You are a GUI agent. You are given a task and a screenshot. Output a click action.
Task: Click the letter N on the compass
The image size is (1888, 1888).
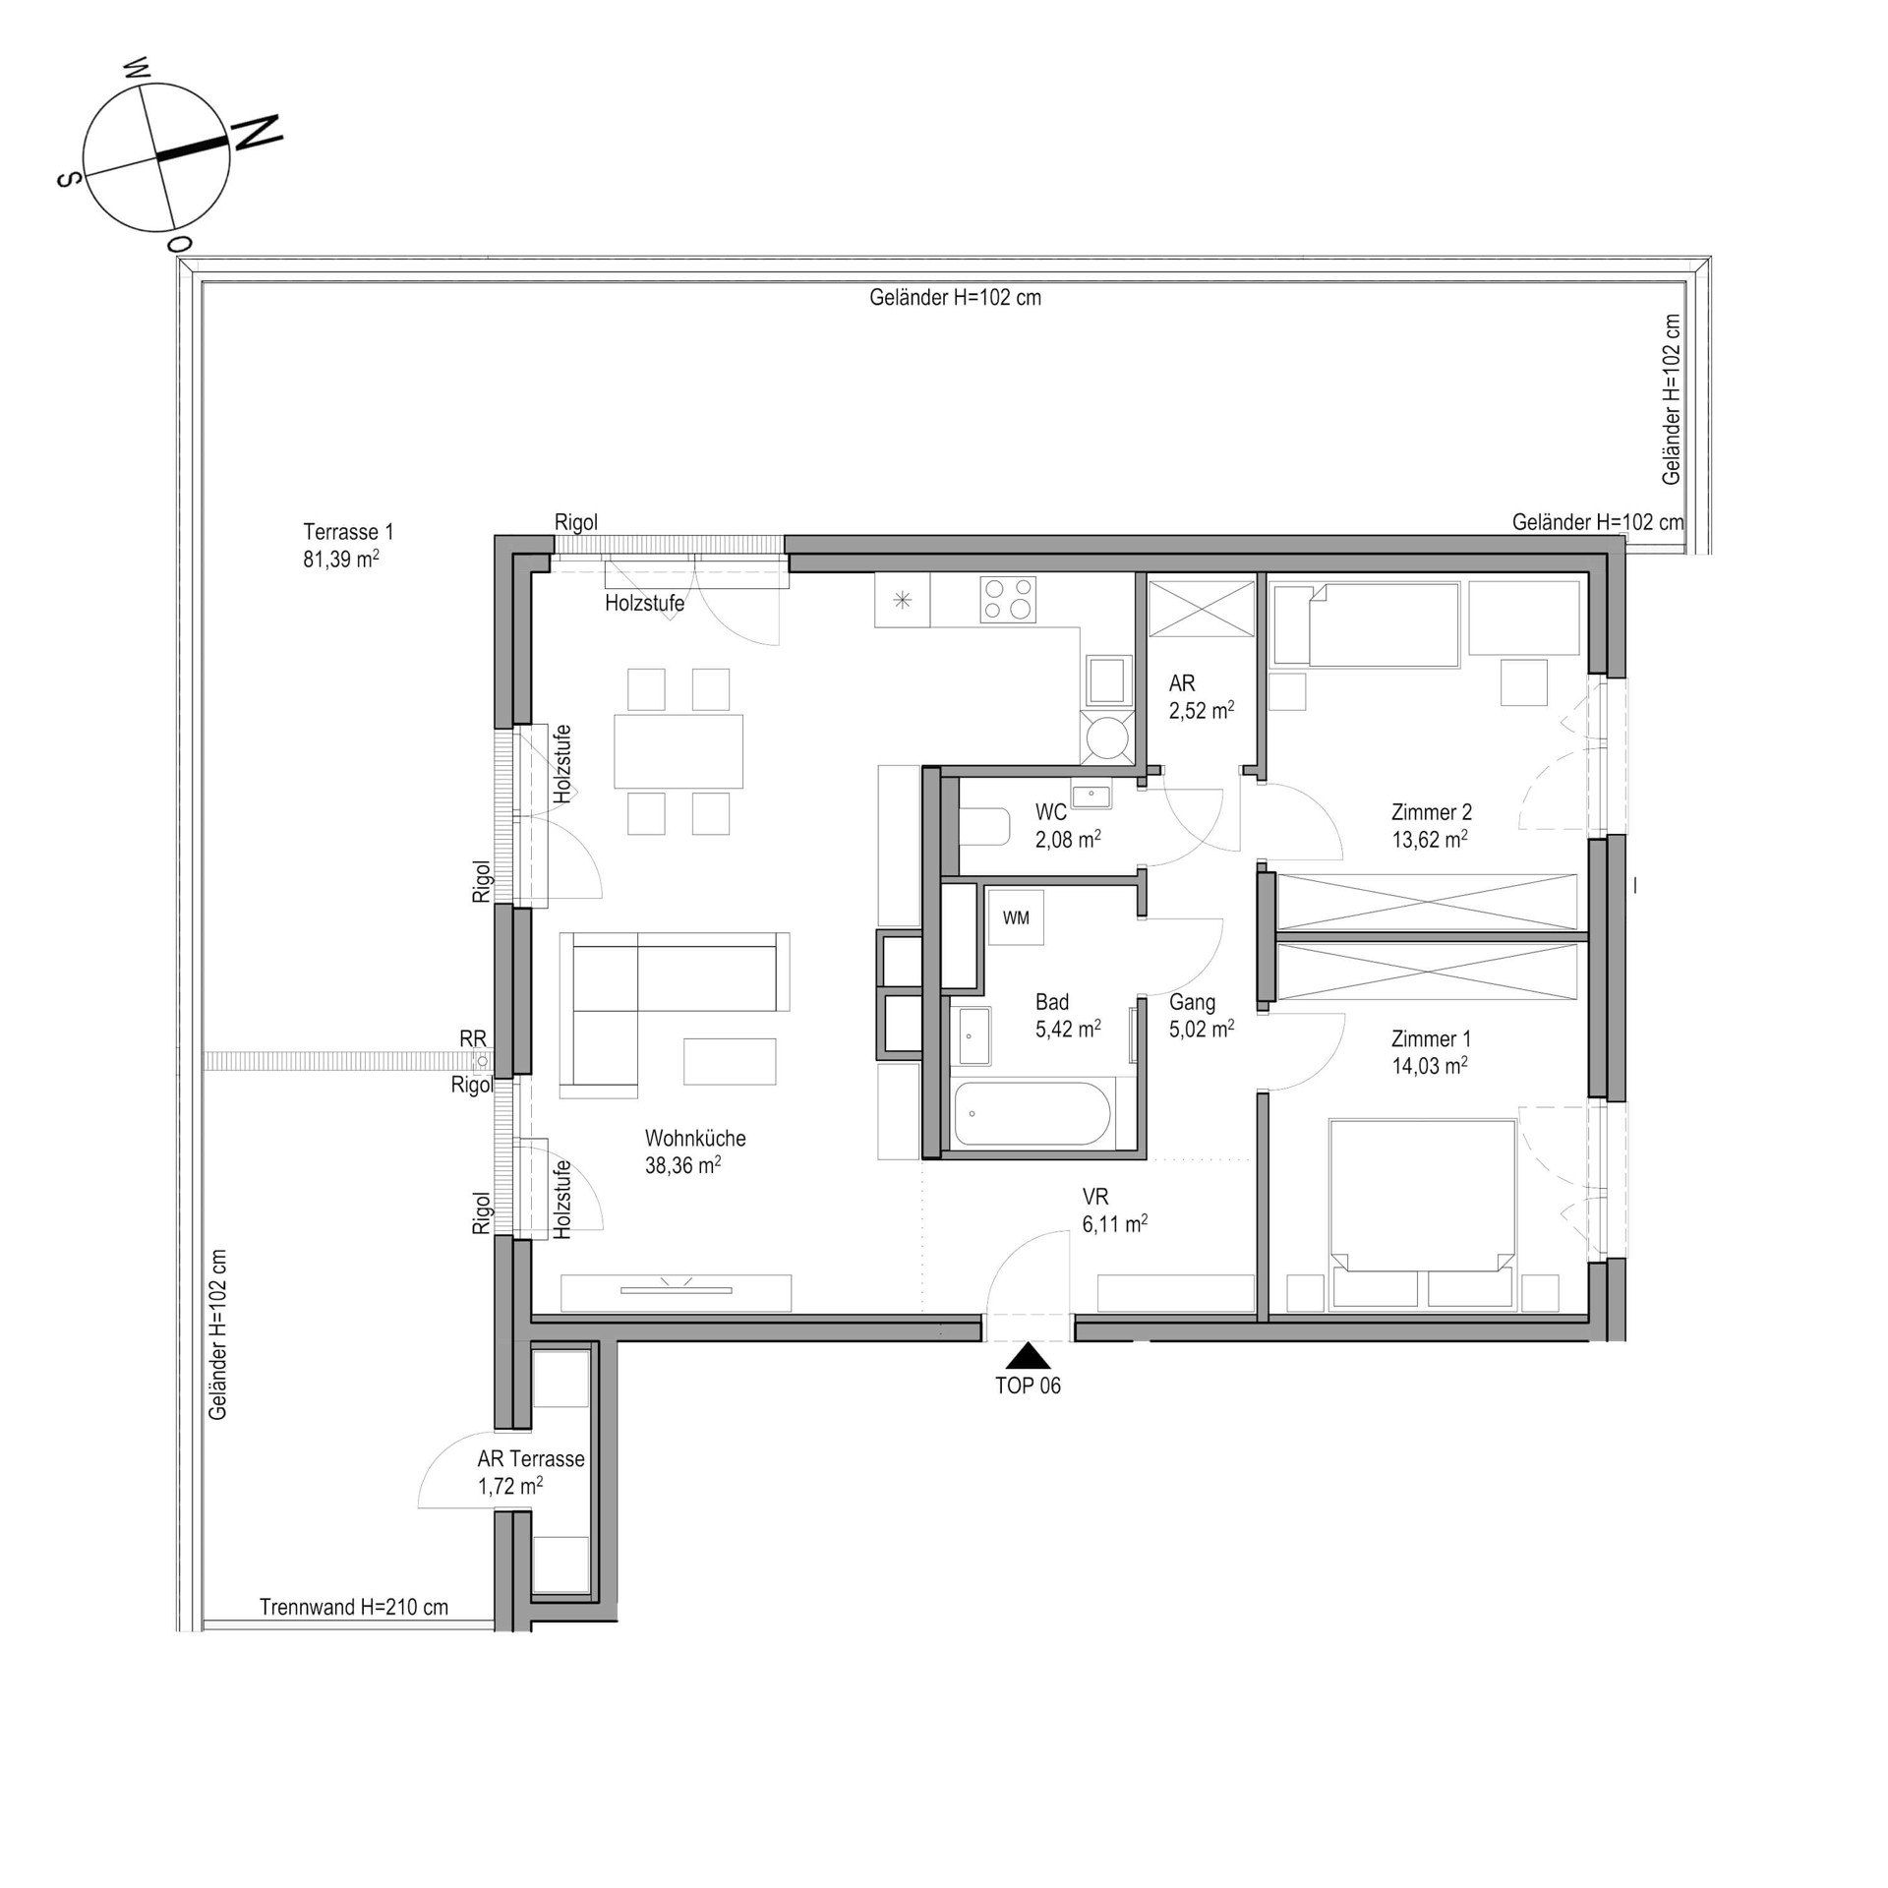pos(257,133)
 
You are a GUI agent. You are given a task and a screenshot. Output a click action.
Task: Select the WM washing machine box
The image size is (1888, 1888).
pos(1016,916)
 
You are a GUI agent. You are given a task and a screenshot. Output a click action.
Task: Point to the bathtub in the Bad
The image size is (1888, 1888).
pos(1032,1113)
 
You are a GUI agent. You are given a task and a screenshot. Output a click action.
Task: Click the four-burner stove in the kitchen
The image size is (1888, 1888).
pos(1008,599)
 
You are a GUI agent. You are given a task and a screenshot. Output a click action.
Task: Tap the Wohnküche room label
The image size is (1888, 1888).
pos(695,1138)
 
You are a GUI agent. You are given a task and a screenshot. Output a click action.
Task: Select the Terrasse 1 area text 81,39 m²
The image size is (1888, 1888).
pos(341,560)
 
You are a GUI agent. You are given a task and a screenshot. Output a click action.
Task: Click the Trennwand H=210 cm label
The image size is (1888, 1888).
pos(354,1607)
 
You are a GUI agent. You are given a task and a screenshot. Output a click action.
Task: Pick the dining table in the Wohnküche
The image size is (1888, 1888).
pos(678,751)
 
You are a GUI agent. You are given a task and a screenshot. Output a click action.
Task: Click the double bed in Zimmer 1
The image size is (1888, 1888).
pos(1422,1214)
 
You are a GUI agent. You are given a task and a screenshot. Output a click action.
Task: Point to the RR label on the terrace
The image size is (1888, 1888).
pos(473,1038)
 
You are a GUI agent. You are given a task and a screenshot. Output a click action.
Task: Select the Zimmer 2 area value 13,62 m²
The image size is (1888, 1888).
pos(1430,839)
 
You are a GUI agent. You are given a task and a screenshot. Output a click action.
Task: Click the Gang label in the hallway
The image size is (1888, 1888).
pos(1192,1002)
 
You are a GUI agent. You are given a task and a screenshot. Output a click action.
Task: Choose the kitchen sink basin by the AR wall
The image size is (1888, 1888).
pos(1107,680)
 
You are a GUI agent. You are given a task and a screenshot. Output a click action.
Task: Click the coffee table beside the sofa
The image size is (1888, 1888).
pos(730,1061)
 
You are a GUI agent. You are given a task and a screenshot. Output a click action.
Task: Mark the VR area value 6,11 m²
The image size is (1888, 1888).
pos(1115,1223)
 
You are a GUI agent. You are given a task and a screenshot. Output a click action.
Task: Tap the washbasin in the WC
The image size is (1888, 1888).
pos(1091,796)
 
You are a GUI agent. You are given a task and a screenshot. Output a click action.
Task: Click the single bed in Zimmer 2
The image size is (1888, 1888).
pos(1365,624)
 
